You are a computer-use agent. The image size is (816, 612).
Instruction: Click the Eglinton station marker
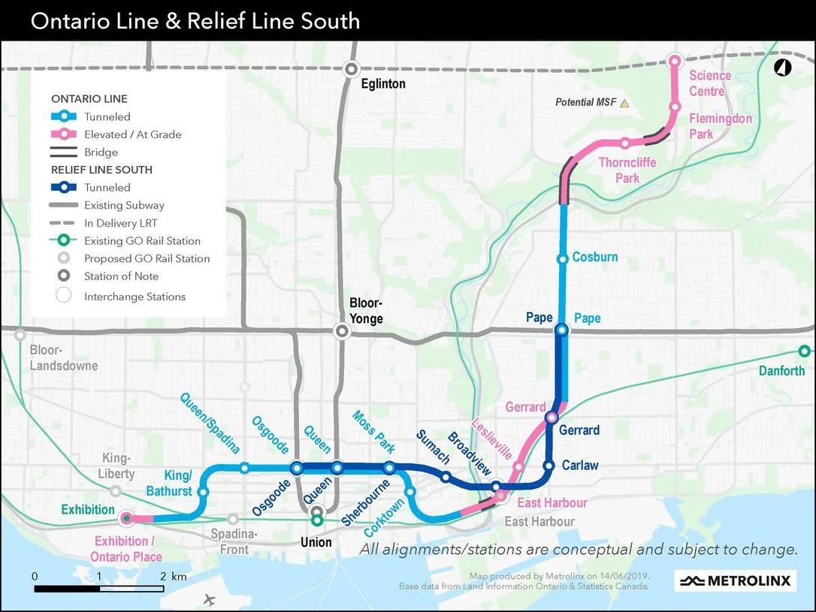[351, 69]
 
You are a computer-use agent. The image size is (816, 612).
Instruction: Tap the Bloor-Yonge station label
[366, 311]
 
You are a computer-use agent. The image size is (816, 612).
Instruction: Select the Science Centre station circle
[675, 61]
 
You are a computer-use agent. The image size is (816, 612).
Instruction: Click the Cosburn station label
[594, 257]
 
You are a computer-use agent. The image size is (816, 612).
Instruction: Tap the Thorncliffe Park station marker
[624, 143]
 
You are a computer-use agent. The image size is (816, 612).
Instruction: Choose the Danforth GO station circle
[804, 351]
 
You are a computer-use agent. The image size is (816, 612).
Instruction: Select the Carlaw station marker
[549, 466]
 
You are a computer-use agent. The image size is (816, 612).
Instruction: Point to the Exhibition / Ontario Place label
[125, 549]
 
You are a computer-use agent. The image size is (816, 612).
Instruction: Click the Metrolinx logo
[735, 580]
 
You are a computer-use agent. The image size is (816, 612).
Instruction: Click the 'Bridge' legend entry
[101, 152]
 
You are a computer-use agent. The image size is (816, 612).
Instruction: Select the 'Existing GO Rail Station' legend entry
[142, 241]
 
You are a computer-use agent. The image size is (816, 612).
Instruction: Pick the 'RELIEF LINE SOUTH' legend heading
[101, 170]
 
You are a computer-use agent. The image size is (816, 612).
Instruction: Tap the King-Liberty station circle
[115, 491]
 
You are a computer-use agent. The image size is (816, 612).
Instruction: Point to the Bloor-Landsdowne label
[64, 358]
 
